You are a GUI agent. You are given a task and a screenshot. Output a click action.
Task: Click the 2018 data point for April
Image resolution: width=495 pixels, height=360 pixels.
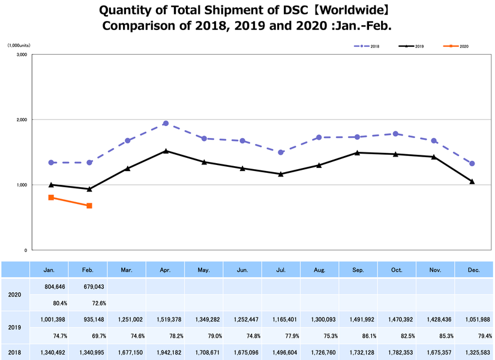tap(166, 124)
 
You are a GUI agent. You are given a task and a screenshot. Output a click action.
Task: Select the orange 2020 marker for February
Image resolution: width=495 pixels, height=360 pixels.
tap(89, 206)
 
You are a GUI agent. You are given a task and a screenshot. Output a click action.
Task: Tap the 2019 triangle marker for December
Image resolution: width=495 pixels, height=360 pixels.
tap(472, 181)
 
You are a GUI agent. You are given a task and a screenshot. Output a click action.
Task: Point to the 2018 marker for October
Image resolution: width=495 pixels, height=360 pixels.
tap(395, 134)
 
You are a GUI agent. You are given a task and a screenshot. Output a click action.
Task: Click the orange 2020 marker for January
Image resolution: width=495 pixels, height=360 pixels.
tap(51, 197)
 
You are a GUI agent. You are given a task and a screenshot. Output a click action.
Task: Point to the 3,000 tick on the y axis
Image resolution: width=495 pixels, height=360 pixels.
tap(21, 55)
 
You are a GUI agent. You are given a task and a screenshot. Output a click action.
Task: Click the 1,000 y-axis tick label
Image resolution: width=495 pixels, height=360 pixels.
tap(21, 185)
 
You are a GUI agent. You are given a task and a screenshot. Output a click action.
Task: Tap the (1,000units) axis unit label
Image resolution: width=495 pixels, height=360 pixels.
tap(19, 46)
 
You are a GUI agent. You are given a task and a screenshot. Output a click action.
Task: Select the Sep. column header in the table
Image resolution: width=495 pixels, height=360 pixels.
tap(358, 270)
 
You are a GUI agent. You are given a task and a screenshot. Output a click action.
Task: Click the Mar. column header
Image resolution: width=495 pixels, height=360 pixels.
tap(127, 270)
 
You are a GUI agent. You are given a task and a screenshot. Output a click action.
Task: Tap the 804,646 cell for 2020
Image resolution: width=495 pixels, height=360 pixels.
tap(50, 286)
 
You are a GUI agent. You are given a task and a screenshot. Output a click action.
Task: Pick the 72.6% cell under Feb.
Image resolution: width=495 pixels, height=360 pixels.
tap(89, 302)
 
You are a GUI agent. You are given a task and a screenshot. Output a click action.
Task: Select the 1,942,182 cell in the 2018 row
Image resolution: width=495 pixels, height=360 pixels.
tap(166, 352)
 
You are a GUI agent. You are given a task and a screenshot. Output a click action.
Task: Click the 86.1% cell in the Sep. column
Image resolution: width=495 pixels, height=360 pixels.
tap(358, 335)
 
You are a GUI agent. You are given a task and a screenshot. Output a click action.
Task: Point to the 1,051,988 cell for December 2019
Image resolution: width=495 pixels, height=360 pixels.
tap(473, 319)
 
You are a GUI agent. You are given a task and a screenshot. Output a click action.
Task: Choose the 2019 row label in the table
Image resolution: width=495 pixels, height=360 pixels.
tap(16, 327)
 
